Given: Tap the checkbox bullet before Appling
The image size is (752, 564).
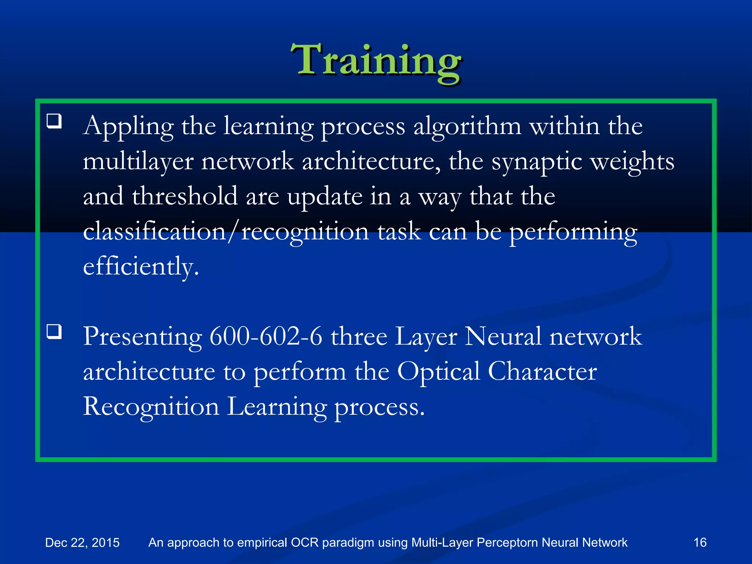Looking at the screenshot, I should pos(54,121).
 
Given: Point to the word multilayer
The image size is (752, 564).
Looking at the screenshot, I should pos(138,162).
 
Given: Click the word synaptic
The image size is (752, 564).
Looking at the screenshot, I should pos(536,162).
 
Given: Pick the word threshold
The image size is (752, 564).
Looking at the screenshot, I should pos(185,196).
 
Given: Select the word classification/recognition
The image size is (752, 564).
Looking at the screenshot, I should pos(226,231).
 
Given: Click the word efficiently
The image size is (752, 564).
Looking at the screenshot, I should pos(141,266).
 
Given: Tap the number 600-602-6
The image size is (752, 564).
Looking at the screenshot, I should pos(265,336).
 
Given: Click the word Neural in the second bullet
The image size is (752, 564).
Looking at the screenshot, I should pos(503,336).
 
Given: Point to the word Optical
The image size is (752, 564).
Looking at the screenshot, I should pos(438,371).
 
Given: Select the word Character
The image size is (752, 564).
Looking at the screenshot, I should pos(542,371).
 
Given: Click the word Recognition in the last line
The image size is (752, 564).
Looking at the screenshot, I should pos(151,407).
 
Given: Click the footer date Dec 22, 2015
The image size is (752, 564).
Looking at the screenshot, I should pos(82,542).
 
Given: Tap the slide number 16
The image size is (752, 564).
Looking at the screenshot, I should pos(700,542).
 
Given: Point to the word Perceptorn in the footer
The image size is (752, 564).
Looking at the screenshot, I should pos(507,542).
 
